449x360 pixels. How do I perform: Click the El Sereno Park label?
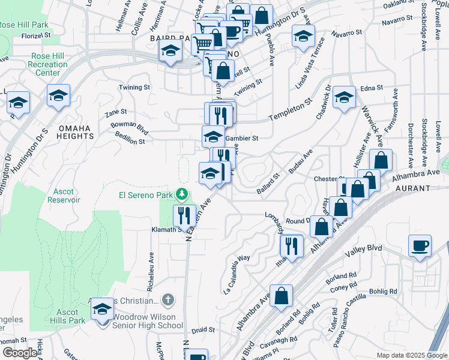coord(145,195)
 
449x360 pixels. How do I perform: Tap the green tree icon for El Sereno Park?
coord(181,195)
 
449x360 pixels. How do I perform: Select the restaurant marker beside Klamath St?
coord(184,214)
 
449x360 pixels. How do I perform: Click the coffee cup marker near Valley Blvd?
coord(420,245)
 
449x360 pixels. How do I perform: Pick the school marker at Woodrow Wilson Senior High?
coord(102,310)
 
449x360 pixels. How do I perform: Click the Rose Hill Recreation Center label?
coord(48,64)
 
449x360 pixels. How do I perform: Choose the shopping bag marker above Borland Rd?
coord(281,296)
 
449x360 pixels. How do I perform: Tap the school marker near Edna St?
coord(344,98)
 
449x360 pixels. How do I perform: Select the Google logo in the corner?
coord(20,353)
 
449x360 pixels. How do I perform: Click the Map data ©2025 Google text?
coord(412,355)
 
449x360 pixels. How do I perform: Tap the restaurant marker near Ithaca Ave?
coord(292,245)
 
